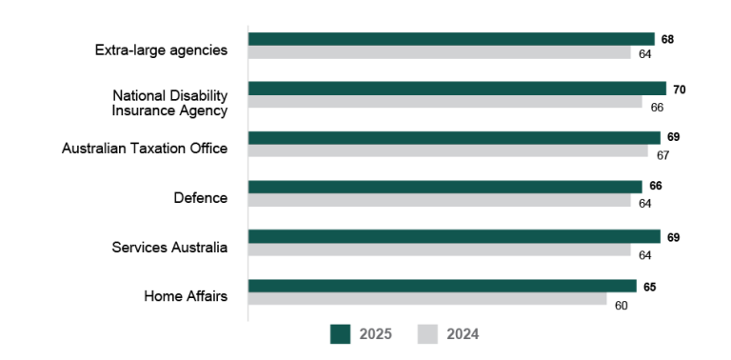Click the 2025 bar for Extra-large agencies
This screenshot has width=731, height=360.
click(x=451, y=39)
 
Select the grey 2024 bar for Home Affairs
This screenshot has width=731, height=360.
click(x=427, y=299)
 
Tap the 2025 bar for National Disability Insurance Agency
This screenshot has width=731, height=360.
click(x=457, y=89)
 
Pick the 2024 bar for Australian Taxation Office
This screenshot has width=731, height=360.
click(x=447, y=150)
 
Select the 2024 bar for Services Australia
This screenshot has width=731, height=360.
click(x=439, y=250)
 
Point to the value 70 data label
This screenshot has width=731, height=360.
click(x=679, y=90)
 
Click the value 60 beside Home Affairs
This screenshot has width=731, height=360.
click(x=621, y=305)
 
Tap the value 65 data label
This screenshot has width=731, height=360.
click(x=649, y=287)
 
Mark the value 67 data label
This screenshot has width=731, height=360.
click(x=662, y=155)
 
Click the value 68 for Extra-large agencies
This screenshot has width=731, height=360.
click(x=667, y=40)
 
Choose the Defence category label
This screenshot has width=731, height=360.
click(x=200, y=198)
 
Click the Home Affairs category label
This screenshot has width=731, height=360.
click(x=186, y=296)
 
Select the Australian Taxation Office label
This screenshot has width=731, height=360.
click(x=145, y=149)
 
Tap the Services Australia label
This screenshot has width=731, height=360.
click(x=169, y=248)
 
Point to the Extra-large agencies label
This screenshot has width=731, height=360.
click(x=161, y=50)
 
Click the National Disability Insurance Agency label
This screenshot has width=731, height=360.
click(x=169, y=103)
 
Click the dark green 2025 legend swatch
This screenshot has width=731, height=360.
click(x=341, y=333)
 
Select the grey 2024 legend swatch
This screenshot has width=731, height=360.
click(x=427, y=333)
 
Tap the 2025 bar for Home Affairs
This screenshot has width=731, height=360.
click(x=442, y=286)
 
